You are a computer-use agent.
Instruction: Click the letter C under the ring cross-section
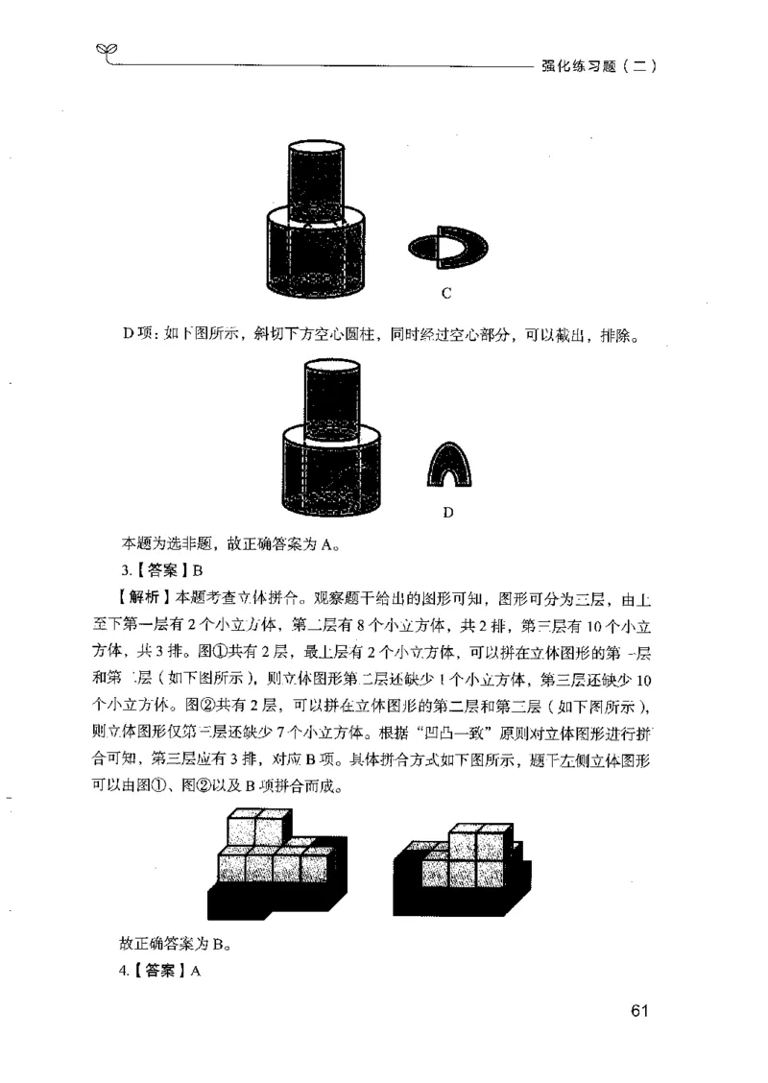pyautogui.click(x=447, y=292)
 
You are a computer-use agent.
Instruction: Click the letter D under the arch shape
pyautogui.click(x=447, y=512)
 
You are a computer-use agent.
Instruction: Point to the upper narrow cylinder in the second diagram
pyautogui.click(x=330, y=394)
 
